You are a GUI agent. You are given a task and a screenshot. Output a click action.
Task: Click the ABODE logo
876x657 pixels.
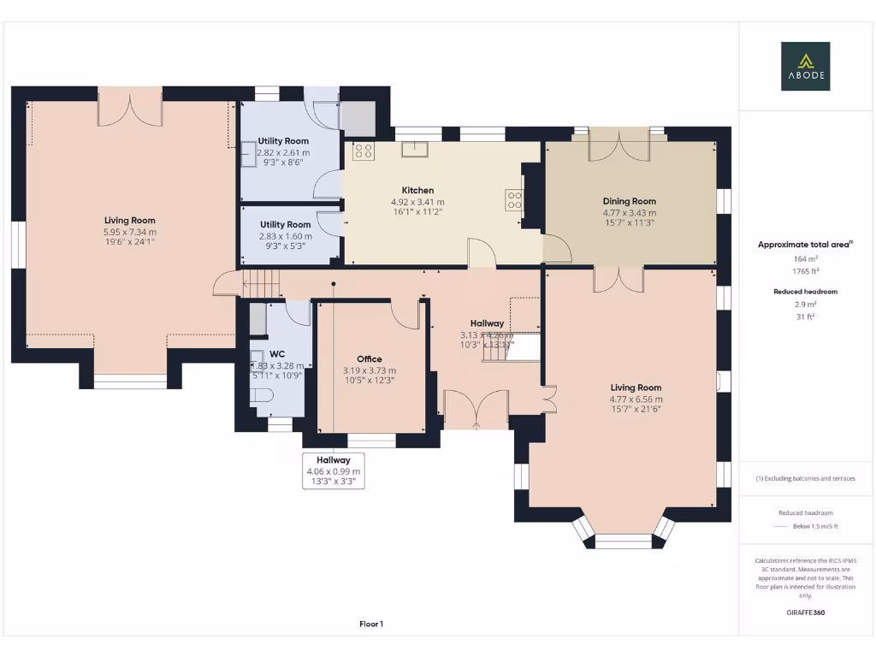[x=804, y=67]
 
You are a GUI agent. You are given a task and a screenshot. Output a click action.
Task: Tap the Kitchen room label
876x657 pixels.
[x=417, y=191]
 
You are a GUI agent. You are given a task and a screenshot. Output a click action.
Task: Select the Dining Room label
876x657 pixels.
[x=629, y=202]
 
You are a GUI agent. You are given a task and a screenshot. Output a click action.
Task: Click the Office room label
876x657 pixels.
[x=369, y=359]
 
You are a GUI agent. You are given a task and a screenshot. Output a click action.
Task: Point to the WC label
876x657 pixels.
[x=277, y=353]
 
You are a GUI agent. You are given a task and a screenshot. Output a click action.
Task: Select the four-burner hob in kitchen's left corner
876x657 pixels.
[x=363, y=151]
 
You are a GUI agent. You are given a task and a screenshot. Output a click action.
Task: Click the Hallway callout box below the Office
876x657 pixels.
[x=334, y=471]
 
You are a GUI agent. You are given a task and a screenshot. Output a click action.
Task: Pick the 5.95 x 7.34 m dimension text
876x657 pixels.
[x=130, y=232]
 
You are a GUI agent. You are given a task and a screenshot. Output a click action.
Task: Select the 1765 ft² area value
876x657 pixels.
[x=804, y=271]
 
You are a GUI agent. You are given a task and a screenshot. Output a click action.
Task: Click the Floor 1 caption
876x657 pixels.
[x=371, y=624]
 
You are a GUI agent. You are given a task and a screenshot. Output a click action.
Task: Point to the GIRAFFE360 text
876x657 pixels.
[x=805, y=613]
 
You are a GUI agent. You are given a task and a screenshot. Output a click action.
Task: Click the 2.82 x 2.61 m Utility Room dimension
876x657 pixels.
[x=283, y=152]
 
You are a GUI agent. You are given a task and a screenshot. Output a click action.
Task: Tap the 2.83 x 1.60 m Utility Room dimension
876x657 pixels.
[x=286, y=236]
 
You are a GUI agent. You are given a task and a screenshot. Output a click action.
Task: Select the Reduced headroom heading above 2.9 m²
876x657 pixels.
[x=804, y=292]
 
